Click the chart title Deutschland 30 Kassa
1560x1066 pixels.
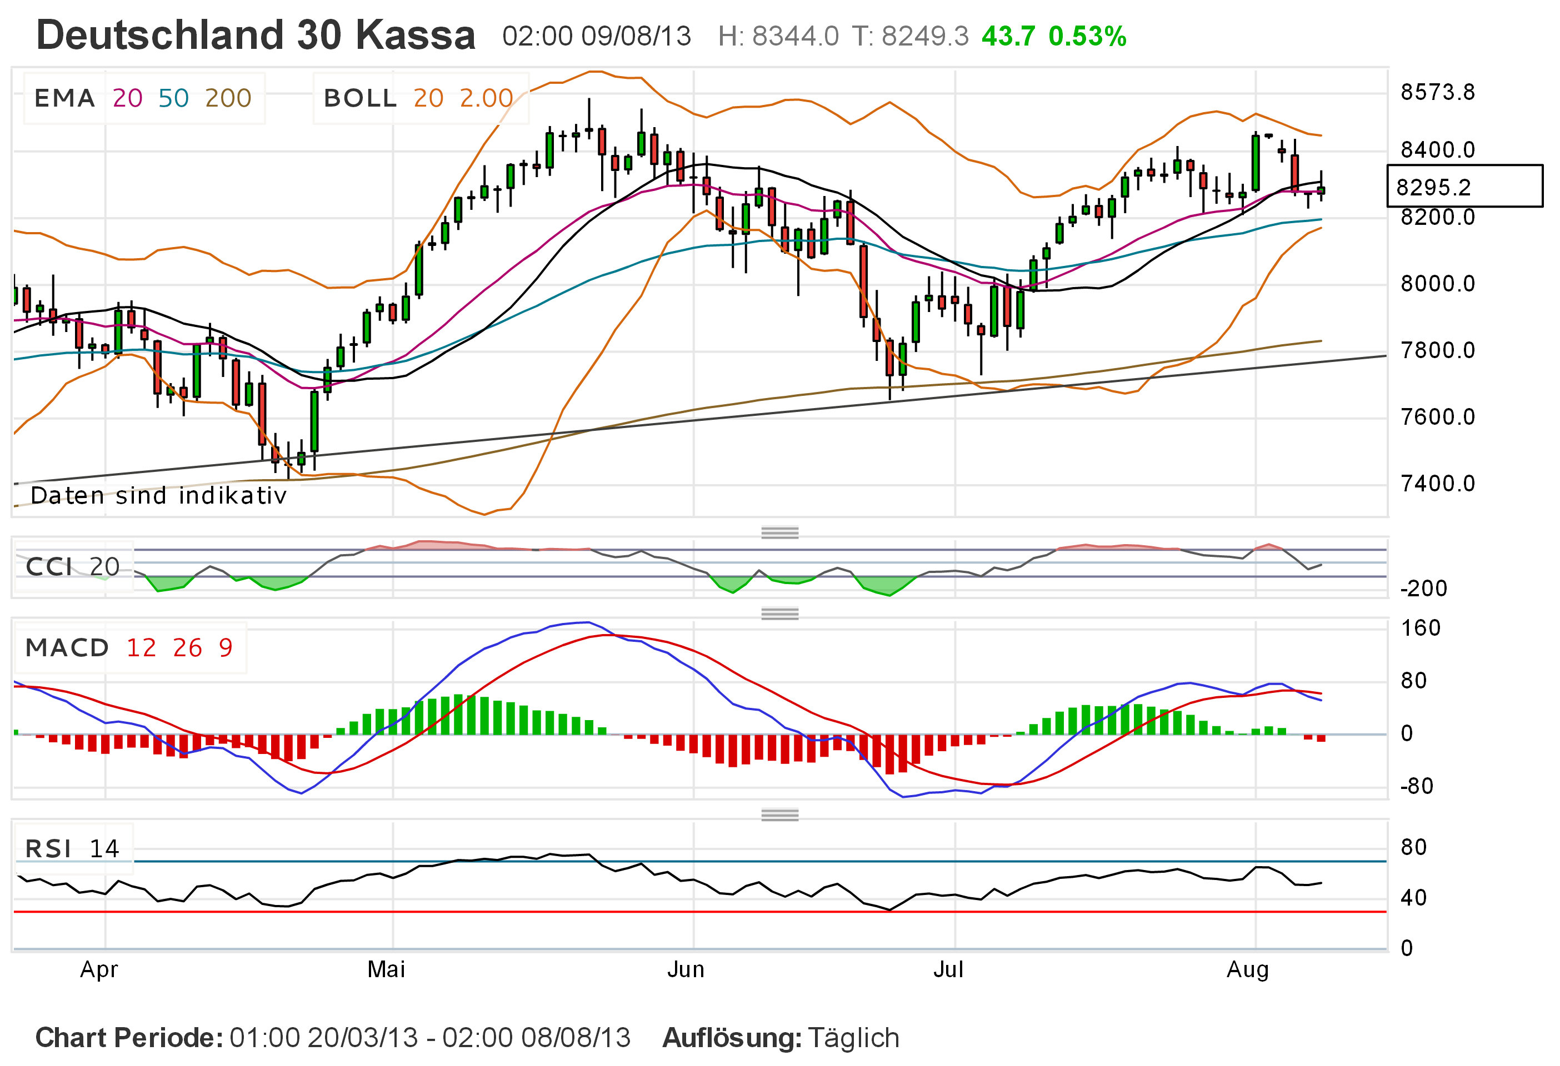256,35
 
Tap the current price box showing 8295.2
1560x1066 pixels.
1463,186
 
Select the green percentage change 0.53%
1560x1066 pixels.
1087,36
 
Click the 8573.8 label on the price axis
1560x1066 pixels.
1437,92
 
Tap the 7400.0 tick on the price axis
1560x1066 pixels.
1437,483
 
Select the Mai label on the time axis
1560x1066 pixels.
386,969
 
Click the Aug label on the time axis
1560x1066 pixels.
1247,969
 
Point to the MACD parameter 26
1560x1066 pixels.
187,647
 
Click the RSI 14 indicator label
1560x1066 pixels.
72,849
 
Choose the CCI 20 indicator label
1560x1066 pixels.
72,567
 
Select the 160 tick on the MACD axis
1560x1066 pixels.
1421,628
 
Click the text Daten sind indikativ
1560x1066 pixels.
158,495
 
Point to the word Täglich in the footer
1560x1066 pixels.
853,1037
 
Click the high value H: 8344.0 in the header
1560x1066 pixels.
778,36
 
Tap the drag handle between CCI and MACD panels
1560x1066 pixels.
779,613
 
